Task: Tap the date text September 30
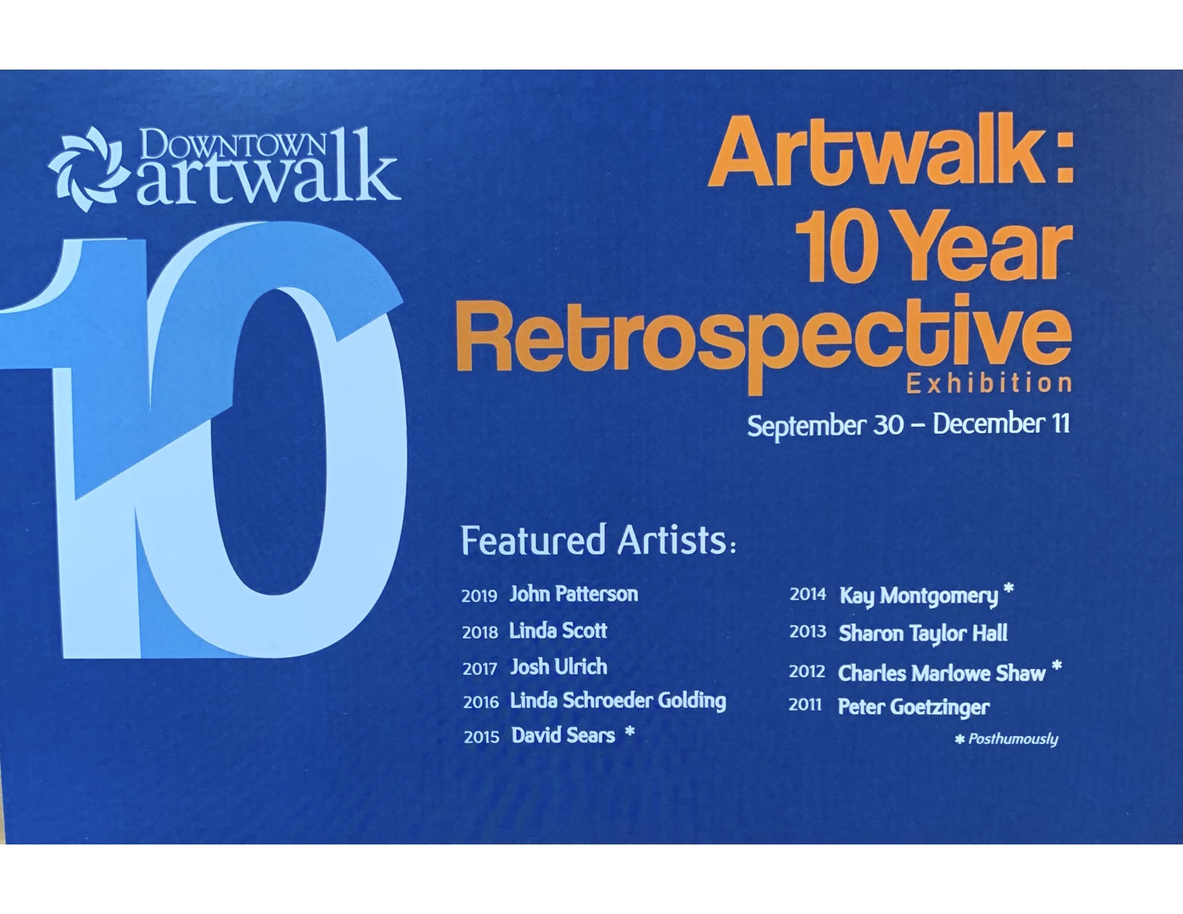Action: [825, 426]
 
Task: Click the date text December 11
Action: [1001, 424]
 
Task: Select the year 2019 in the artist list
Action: [479, 596]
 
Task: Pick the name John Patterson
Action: [574, 594]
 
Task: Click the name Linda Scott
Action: [558, 631]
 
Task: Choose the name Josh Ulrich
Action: [559, 667]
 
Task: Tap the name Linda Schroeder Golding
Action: [618, 701]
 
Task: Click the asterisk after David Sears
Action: [630, 732]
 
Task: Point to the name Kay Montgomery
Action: [919, 596]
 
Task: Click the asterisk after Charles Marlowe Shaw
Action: [1057, 666]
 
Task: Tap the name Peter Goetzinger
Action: [913, 708]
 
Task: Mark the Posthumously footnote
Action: [1007, 739]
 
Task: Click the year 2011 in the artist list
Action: [805, 705]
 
